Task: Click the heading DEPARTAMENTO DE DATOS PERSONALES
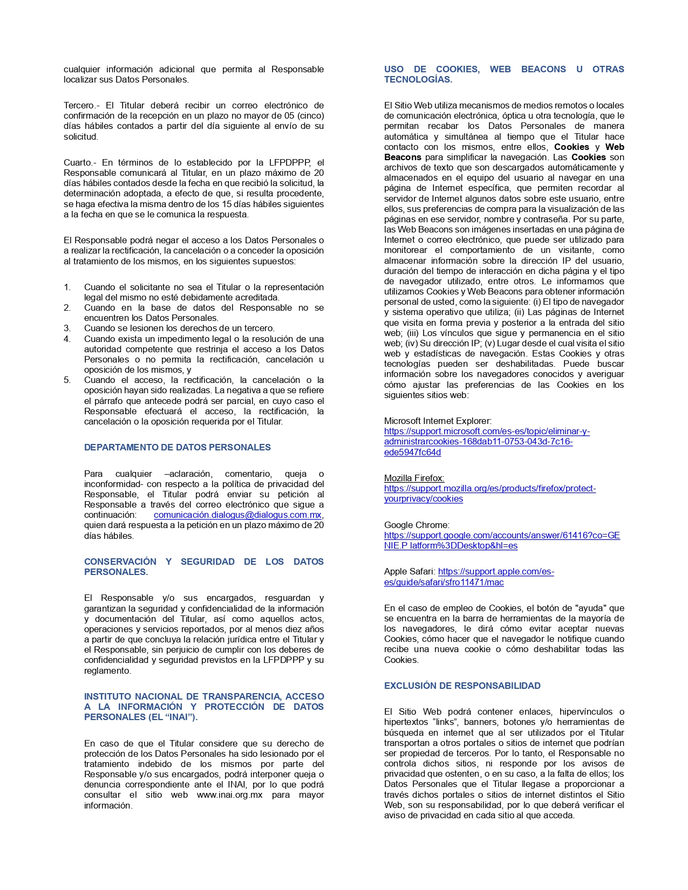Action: click(177, 447)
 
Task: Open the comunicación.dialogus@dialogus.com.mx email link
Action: click(238, 515)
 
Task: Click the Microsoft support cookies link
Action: click(486, 442)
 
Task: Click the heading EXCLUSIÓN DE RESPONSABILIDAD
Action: click(462, 686)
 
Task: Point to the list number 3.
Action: click(67, 328)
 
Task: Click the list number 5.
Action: click(67, 380)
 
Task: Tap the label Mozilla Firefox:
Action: click(414, 478)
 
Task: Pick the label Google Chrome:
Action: click(417, 525)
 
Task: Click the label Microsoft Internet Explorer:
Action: click(438, 421)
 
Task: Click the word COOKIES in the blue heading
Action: click(457, 69)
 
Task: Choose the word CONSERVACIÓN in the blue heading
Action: click(120, 562)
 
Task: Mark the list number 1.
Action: click(67, 287)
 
